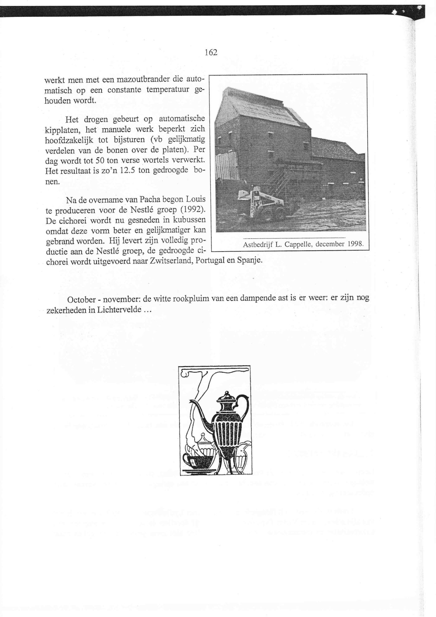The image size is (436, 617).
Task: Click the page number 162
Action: click(x=211, y=53)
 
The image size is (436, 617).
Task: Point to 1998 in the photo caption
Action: click(x=355, y=244)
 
